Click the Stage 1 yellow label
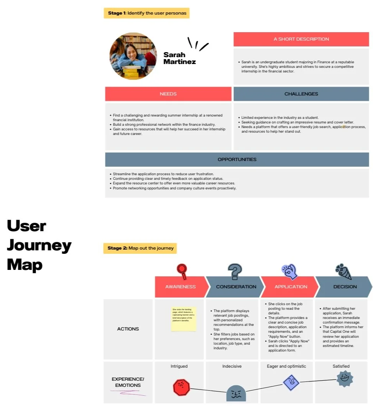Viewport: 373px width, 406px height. [x=147, y=13]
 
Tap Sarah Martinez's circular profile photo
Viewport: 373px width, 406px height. [x=133, y=56]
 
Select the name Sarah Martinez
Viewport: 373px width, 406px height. [x=179, y=58]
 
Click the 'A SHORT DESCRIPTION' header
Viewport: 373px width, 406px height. [x=301, y=39]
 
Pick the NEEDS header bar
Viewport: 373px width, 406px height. [x=168, y=94]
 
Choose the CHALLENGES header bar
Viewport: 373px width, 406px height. [x=301, y=94]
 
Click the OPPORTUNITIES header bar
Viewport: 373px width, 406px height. [x=237, y=159]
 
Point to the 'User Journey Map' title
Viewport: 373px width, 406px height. [x=39, y=245]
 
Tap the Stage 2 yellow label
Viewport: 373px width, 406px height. [x=140, y=248]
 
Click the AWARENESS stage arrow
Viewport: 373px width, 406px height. [x=180, y=287]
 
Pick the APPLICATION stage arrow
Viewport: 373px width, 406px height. [x=290, y=287]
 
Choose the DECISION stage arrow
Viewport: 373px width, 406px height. [x=345, y=287]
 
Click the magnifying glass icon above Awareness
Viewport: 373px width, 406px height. [x=182, y=271]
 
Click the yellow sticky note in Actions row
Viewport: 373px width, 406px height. [x=184, y=318]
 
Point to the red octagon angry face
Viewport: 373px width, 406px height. [x=181, y=387]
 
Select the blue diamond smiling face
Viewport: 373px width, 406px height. [x=291, y=382]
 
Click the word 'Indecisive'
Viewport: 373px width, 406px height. [x=232, y=367]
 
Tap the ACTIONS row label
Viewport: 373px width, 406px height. [x=128, y=329]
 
